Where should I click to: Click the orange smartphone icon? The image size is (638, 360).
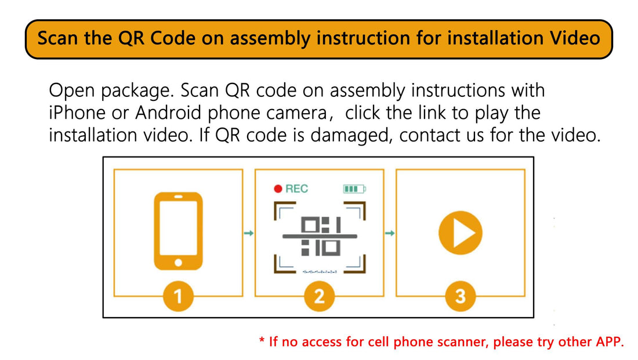click(178, 231)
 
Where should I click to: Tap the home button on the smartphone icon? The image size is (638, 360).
click(178, 263)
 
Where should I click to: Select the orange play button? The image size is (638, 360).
click(460, 233)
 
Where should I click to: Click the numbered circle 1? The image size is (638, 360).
click(178, 296)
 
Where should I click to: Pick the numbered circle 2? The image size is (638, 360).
click(320, 296)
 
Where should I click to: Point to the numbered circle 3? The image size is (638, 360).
click(460, 296)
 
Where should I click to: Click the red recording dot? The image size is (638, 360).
click(278, 189)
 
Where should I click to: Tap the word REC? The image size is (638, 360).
click(296, 189)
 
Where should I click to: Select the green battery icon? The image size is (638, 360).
click(354, 189)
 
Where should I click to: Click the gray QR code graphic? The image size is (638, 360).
click(320, 237)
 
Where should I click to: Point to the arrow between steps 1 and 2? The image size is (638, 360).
click(249, 233)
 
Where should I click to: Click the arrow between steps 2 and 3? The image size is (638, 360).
click(390, 233)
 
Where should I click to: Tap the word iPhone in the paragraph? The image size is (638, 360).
click(77, 112)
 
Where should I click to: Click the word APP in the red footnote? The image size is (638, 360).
click(610, 341)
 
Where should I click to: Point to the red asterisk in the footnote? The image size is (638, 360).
click(262, 340)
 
